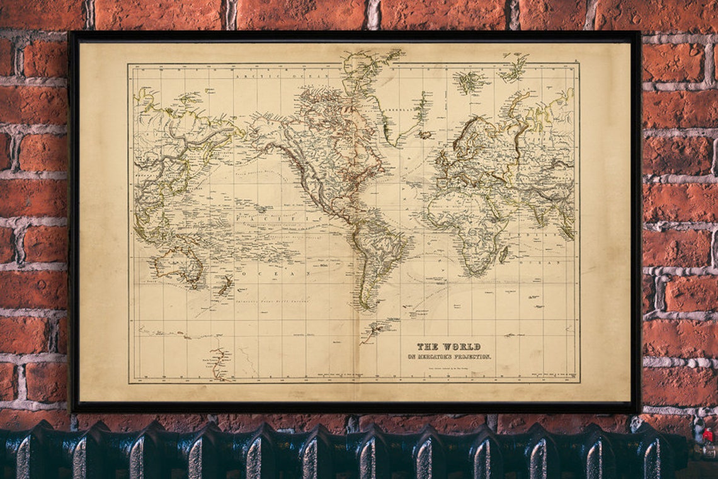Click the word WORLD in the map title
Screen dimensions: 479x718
tap(462, 347)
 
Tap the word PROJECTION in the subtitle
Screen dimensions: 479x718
tap(472, 357)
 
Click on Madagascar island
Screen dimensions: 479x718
tap(503, 254)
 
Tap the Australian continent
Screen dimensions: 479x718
tap(183, 263)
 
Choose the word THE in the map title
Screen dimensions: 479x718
tap(428, 347)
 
